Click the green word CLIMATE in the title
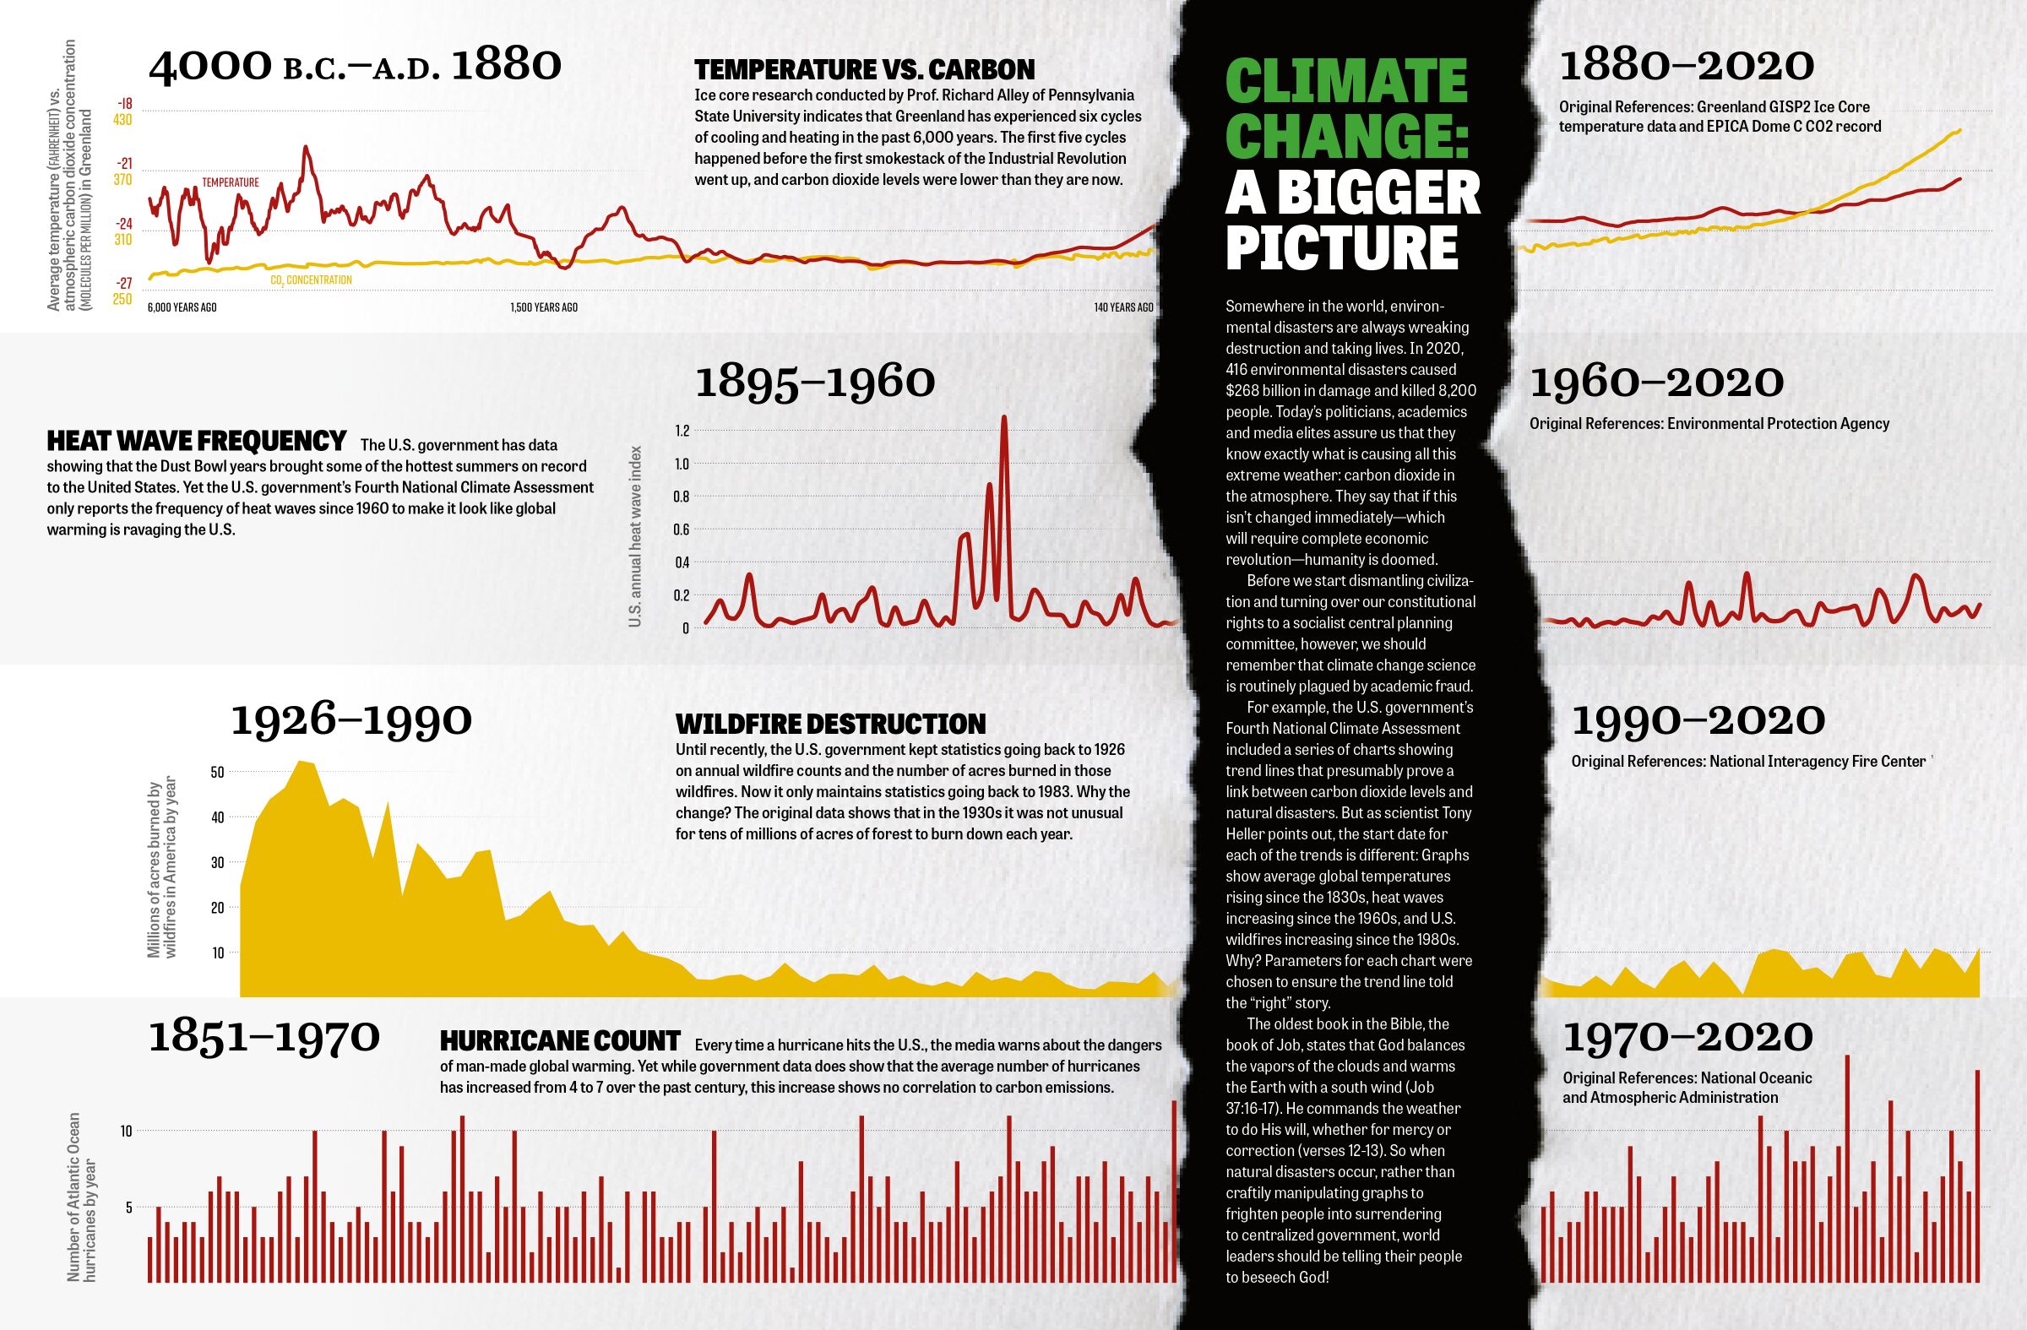coord(1346,82)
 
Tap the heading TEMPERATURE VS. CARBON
coord(865,70)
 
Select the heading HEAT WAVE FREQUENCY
coord(197,441)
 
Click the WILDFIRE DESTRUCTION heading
coord(830,724)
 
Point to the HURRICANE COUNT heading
coord(560,1040)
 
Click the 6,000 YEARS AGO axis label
coord(182,307)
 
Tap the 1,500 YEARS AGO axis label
coord(543,307)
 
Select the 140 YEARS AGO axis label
coord(1123,307)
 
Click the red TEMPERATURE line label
coord(230,182)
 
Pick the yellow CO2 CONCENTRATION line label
coord(311,280)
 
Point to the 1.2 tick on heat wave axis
coord(682,432)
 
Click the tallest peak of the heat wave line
coord(1004,417)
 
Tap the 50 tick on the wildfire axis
coord(217,773)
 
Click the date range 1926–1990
coord(351,720)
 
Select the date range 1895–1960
coord(815,383)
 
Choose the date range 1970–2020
coord(1688,1037)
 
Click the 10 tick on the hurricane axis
coord(126,1131)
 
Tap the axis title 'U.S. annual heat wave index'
coord(634,536)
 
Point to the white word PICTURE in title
coord(1342,247)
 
